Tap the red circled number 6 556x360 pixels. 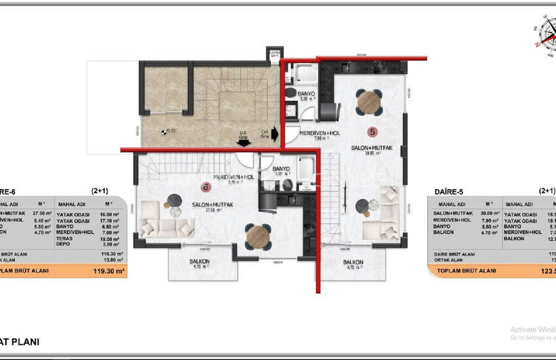pos(205,187)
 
